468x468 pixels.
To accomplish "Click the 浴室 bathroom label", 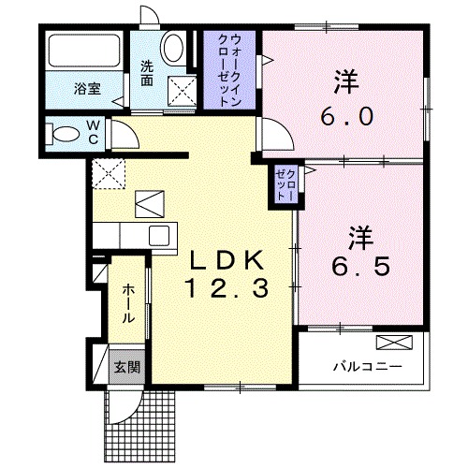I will pos(88,91).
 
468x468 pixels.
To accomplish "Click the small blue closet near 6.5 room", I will pos(283,183).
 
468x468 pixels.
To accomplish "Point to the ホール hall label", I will pos(126,303).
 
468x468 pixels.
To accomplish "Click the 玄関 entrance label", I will pos(126,366).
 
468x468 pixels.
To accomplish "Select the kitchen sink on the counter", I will pos(157,235).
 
